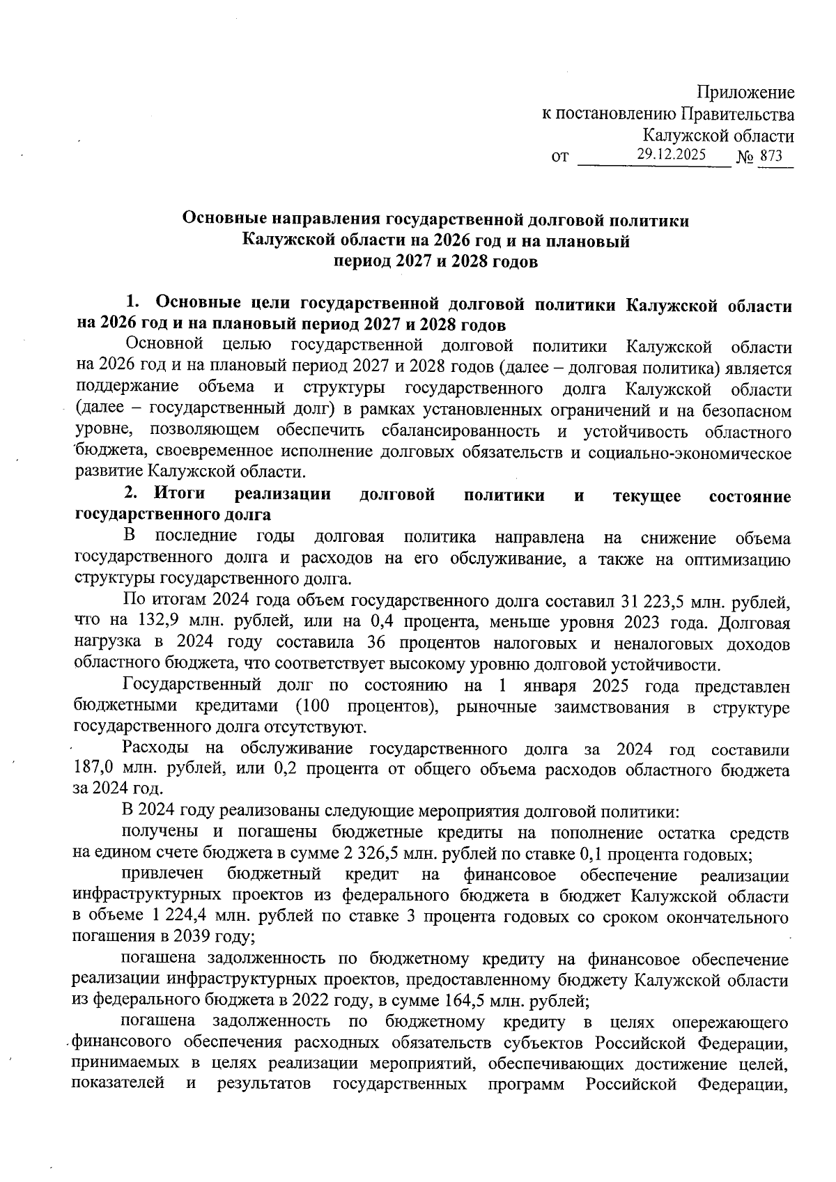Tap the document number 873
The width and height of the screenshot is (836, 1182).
coord(771,157)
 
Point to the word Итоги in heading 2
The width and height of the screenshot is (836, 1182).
coord(180,495)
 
